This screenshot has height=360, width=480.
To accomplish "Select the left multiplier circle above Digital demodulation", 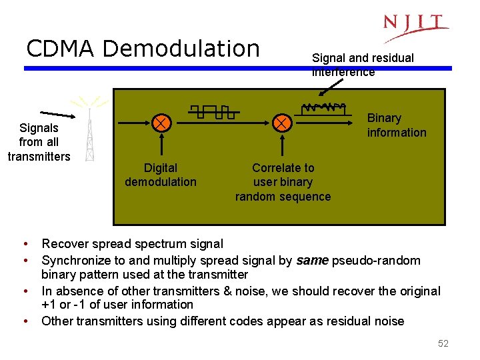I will (x=161, y=123).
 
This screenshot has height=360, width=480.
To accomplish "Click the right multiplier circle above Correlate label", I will (x=282, y=123).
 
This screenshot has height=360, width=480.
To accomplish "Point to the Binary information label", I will (x=397, y=125).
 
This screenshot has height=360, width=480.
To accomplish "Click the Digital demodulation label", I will (x=161, y=175).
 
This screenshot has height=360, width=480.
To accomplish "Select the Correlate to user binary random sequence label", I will (x=283, y=182).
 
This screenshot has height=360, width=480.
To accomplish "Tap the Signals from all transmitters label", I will (x=39, y=142).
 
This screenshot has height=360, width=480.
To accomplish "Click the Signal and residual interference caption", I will (x=362, y=65).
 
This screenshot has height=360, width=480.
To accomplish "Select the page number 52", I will (x=443, y=343).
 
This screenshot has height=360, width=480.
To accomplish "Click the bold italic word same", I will (x=311, y=261).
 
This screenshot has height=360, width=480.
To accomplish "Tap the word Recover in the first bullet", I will (x=63, y=244).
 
